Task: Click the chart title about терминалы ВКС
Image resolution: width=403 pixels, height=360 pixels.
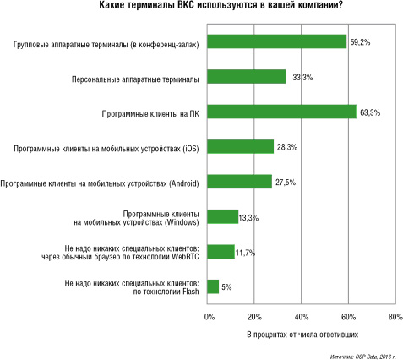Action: pos(221,5)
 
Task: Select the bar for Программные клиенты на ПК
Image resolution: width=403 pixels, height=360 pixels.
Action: pos(281,112)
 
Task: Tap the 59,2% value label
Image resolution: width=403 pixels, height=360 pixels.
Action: pos(360,42)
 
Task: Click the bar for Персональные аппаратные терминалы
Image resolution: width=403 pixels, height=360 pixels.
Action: pos(247,77)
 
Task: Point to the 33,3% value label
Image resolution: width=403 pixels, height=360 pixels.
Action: pos(302,77)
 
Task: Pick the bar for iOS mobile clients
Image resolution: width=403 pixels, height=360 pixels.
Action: pos(241,146)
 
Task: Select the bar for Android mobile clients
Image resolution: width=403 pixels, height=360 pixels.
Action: pos(240,182)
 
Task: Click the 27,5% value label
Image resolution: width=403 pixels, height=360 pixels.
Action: pos(286,183)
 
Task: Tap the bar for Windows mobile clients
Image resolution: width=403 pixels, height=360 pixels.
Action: pos(223,216)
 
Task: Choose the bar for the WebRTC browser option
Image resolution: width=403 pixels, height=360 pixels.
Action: pos(221,252)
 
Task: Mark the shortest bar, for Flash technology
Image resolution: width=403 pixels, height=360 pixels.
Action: pos(213,286)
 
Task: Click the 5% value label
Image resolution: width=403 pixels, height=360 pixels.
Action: pos(226,287)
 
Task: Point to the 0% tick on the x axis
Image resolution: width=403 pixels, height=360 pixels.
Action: pos(210,317)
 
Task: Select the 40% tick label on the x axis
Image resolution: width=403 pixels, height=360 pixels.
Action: pos(302,317)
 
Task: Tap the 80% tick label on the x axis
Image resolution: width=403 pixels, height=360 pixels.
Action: pos(395,317)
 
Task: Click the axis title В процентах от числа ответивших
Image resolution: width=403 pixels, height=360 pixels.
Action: pos(302,335)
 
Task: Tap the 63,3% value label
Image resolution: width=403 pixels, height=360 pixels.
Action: pos(370,112)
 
